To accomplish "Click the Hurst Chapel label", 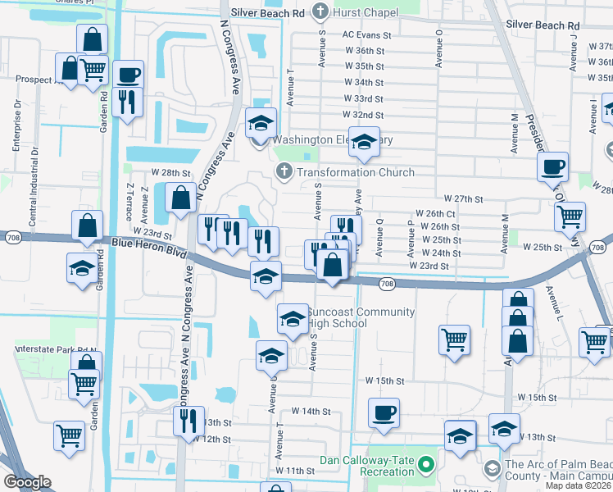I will [366, 12].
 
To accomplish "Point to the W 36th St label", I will [365, 51].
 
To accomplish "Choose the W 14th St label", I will [311, 412].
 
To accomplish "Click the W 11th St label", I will [296, 471].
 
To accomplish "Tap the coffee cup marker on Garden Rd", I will [128, 75].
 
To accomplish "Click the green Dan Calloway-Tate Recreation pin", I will [425, 466].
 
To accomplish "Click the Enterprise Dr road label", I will [16, 127].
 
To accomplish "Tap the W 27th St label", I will [464, 199].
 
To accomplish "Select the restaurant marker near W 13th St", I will [188, 421].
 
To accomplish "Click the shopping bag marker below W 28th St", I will [179, 198].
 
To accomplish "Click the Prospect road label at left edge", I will [36, 80].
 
